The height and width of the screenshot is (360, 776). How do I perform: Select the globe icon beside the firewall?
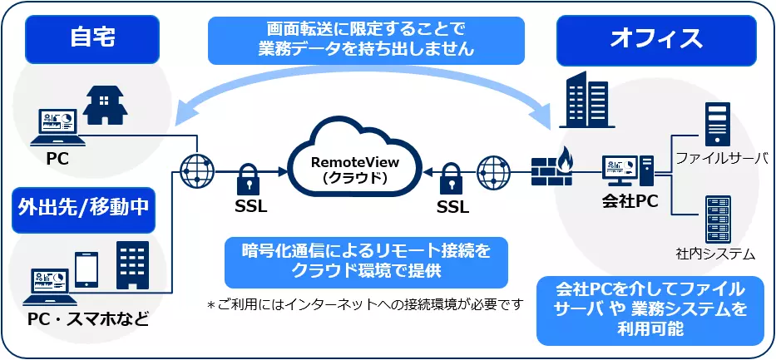click(x=493, y=170)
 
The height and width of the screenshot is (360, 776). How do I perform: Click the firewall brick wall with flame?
click(x=551, y=167)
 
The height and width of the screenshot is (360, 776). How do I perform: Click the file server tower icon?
click(x=716, y=124)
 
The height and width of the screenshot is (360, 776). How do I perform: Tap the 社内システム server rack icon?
click(x=716, y=219)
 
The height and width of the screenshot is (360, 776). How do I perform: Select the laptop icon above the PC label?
click(x=54, y=126)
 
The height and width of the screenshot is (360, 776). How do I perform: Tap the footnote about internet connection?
click(x=365, y=304)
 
